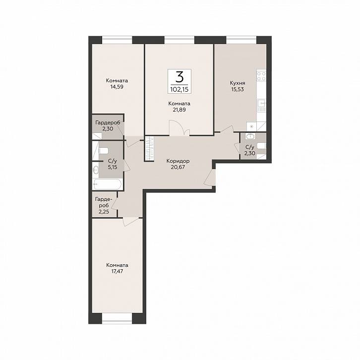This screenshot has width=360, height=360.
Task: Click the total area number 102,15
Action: pyautogui.click(x=180, y=89)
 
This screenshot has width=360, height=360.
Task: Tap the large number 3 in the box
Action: pyautogui.click(x=180, y=77)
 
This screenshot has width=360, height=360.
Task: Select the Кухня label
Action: pyautogui.click(x=238, y=83)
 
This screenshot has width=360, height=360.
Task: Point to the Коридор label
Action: pyautogui.click(x=178, y=161)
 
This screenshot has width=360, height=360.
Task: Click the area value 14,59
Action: pyautogui.click(x=117, y=87)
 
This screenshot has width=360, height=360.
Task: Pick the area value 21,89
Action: pyautogui.click(x=180, y=110)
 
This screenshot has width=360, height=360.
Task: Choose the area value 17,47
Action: pyautogui.click(x=117, y=271)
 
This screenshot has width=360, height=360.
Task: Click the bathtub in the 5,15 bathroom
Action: pyautogui.click(x=108, y=184)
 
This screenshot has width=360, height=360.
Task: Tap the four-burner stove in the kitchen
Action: pyautogui.click(x=261, y=76)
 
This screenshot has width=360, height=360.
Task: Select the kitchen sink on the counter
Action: pyautogui.click(x=261, y=106)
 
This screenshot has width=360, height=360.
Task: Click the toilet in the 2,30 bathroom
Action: pyautogui.click(x=262, y=146)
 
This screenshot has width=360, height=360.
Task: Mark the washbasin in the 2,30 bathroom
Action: pyautogui.click(x=249, y=137)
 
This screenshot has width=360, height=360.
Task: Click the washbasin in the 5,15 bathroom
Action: pyautogui.click(x=96, y=170)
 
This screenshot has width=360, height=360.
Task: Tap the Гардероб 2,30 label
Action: pyautogui.click(x=108, y=125)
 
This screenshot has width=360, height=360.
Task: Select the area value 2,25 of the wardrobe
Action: pyautogui.click(x=104, y=212)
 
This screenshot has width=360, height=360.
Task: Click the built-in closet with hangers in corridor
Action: pyautogui.click(x=149, y=149)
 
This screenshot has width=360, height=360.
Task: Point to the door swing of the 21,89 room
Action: pyautogui.click(x=180, y=128)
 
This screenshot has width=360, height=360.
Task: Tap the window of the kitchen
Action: pyautogui.click(x=241, y=40)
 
